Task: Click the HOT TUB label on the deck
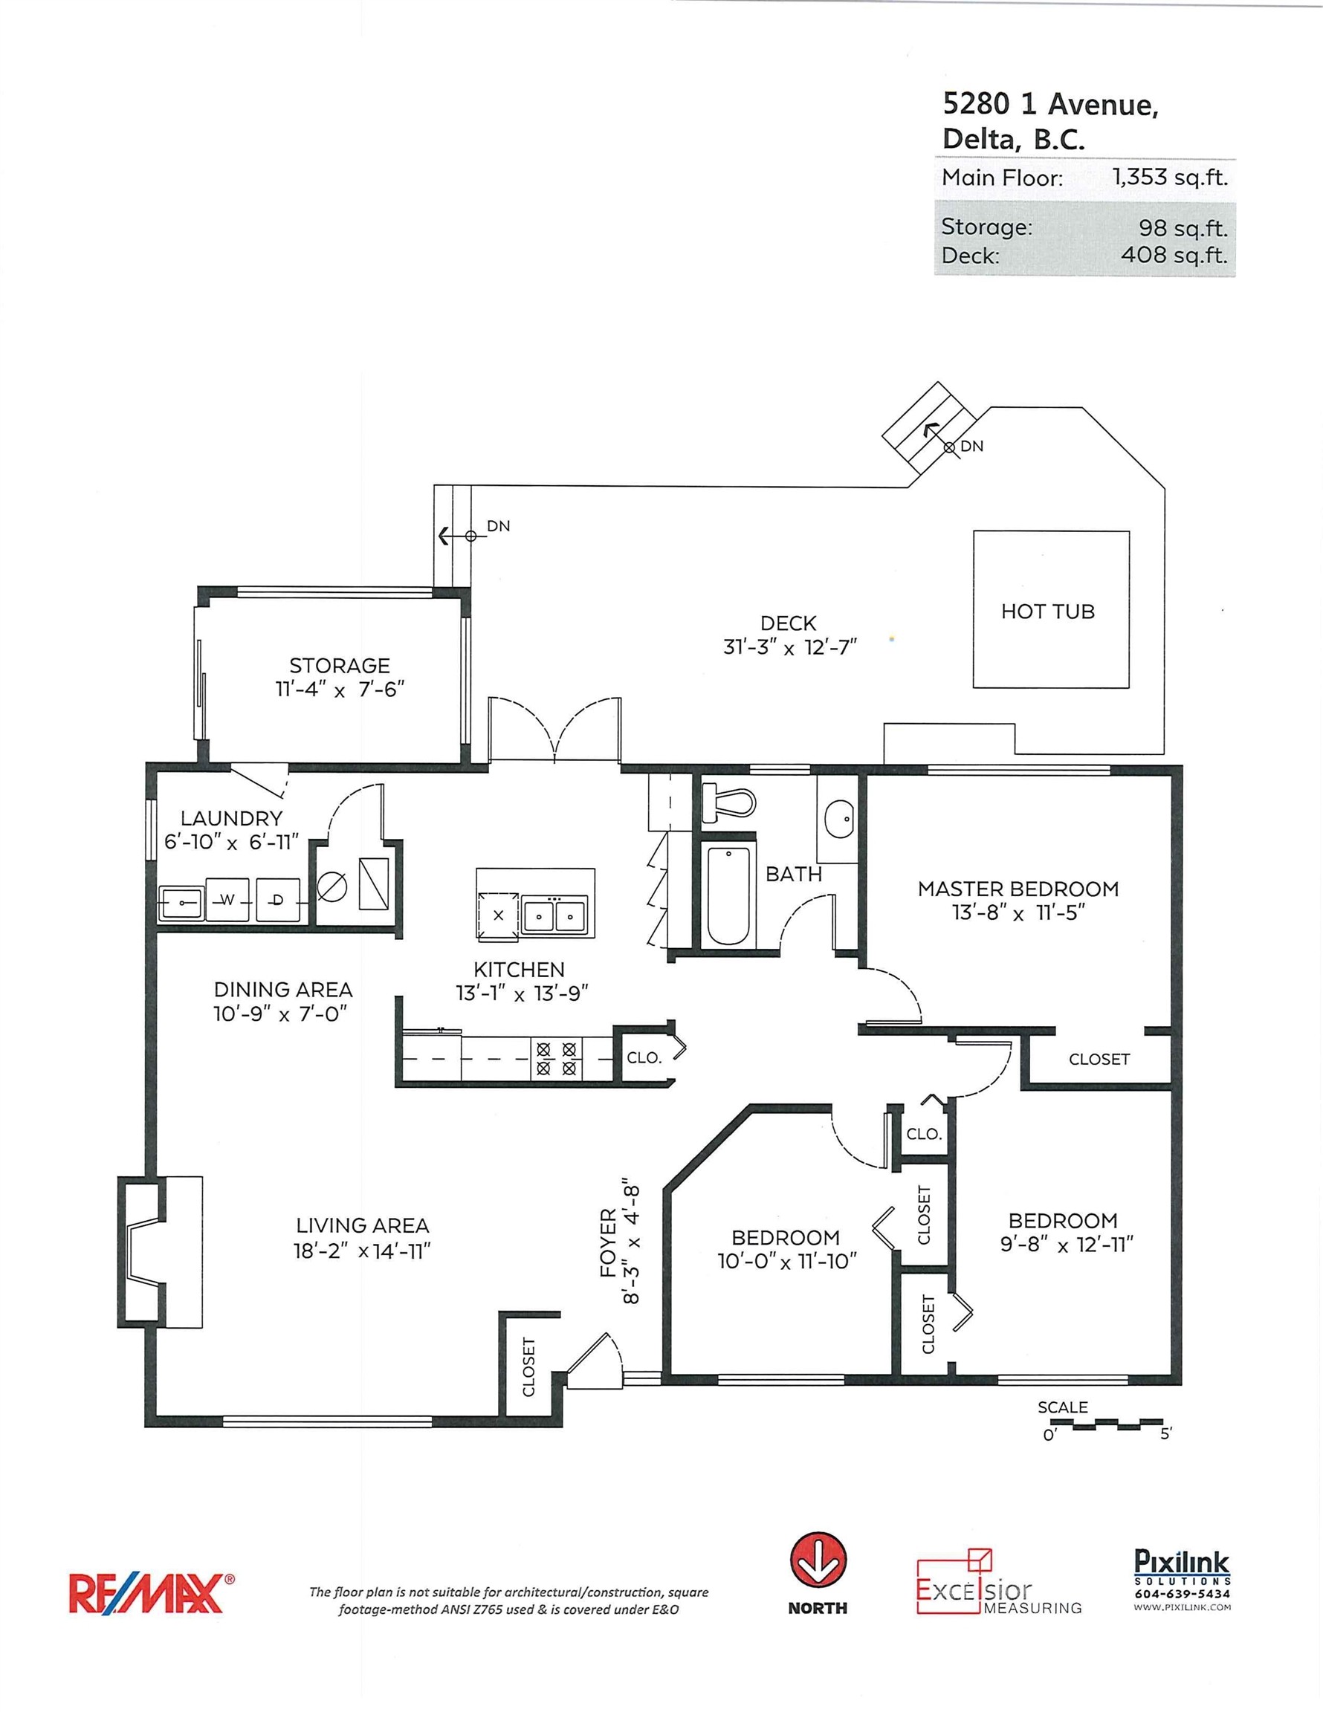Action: point(1047,612)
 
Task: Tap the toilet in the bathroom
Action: point(730,801)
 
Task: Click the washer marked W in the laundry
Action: point(227,900)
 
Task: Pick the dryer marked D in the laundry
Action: point(278,900)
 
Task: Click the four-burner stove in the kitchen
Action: point(557,1057)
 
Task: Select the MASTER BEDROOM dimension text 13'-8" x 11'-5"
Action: point(1018,913)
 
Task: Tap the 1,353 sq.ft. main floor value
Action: point(1169,176)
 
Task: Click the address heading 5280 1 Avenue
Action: point(1049,104)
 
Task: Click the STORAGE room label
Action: point(340,666)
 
